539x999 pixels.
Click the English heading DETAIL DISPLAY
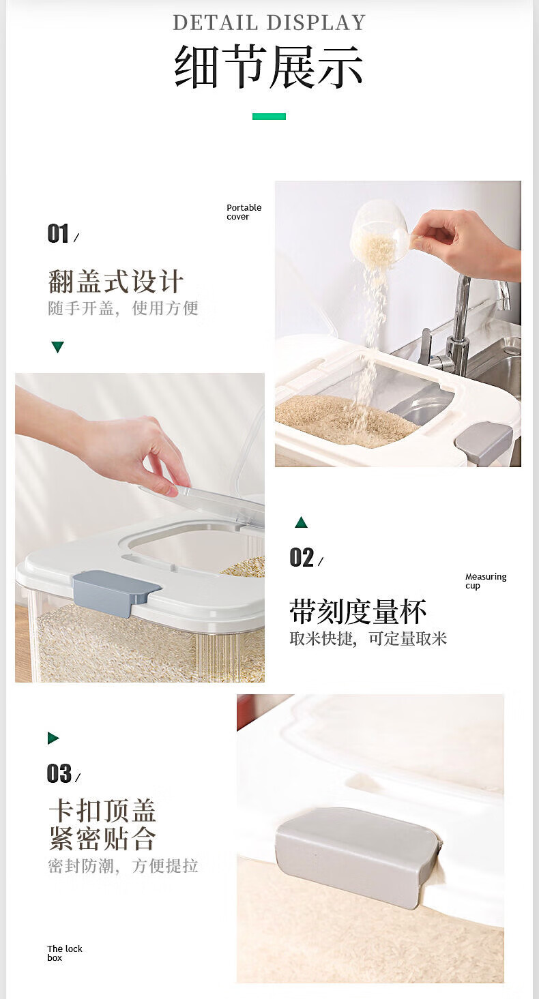269,23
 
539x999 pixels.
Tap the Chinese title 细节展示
269,67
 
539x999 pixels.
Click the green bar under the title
269,117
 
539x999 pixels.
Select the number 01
58,234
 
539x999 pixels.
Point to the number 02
302,558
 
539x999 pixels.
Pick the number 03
59,773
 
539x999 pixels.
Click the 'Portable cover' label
244,212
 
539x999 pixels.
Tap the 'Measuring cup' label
486,581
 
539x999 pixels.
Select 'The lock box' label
65,953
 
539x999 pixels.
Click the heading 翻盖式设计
115,282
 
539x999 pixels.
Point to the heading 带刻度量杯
358,612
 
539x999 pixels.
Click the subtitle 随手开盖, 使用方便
123,308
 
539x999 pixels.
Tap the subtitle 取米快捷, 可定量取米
368,639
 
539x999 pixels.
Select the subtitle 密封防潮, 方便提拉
123,866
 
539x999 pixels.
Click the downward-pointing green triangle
57,347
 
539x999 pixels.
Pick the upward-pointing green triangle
301,522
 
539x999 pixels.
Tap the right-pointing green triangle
53,738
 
